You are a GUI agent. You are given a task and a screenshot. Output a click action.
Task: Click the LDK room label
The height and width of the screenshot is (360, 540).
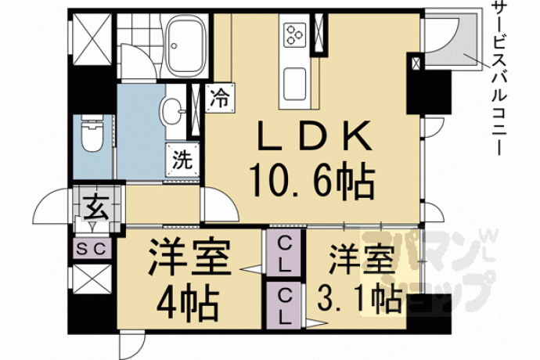315,137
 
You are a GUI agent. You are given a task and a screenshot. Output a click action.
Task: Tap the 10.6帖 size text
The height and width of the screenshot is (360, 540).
312,182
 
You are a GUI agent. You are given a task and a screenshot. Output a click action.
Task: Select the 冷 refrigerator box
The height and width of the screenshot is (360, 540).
221,98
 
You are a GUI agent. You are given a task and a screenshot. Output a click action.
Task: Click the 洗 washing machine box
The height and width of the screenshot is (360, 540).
182,160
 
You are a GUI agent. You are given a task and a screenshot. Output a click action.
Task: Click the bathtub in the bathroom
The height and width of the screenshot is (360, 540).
184,46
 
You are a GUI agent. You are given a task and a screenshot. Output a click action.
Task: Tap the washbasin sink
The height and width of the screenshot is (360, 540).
172,111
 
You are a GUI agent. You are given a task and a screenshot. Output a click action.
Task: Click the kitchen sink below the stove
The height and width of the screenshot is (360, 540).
295,84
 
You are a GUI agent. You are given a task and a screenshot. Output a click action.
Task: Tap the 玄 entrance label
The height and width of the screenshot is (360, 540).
93,207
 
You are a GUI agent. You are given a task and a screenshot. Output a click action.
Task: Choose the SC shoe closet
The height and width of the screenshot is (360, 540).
92,248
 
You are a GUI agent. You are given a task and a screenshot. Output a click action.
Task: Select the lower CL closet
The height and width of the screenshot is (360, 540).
284,306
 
